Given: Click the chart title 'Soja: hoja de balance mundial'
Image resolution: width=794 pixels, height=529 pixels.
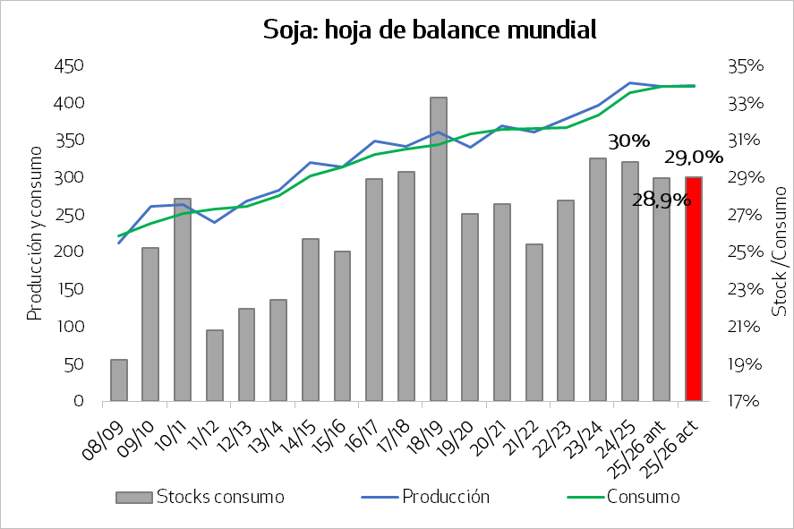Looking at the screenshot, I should click(430, 30).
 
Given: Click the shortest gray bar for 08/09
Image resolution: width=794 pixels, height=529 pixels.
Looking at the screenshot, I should click(119, 380).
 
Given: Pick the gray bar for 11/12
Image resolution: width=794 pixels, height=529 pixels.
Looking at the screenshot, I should click(215, 365).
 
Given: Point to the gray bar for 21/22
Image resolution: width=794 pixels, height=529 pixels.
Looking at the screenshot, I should click(534, 322).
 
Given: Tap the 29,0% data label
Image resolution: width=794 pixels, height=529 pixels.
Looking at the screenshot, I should click(694, 158).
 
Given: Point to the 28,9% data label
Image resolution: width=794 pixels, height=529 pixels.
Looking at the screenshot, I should click(662, 200).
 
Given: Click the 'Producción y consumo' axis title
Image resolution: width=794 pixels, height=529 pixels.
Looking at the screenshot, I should click(34, 235).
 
